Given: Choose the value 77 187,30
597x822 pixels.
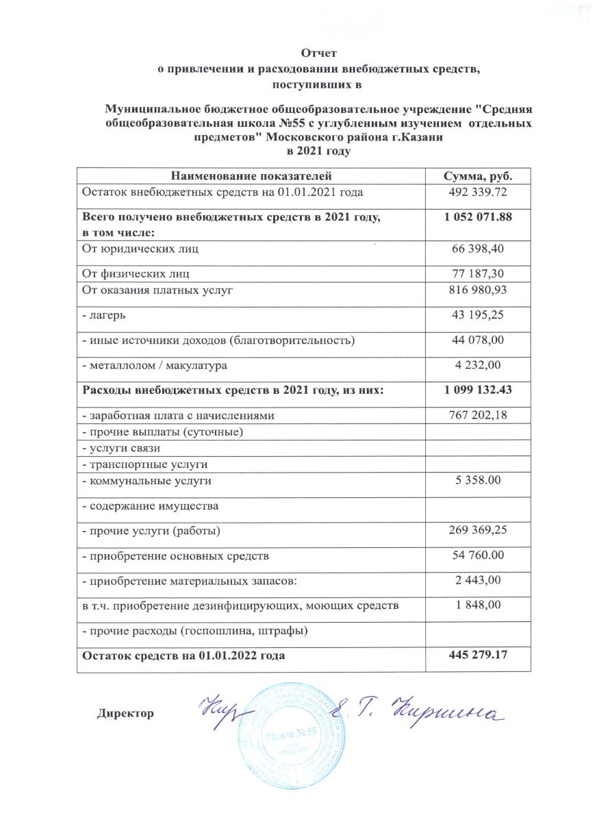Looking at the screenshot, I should (x=479, y=273).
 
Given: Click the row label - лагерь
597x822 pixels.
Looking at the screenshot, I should (x=103, y=315).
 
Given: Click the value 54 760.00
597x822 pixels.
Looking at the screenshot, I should (x=479, y=555).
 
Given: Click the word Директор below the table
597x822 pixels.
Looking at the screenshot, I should (x=125, y=713).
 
